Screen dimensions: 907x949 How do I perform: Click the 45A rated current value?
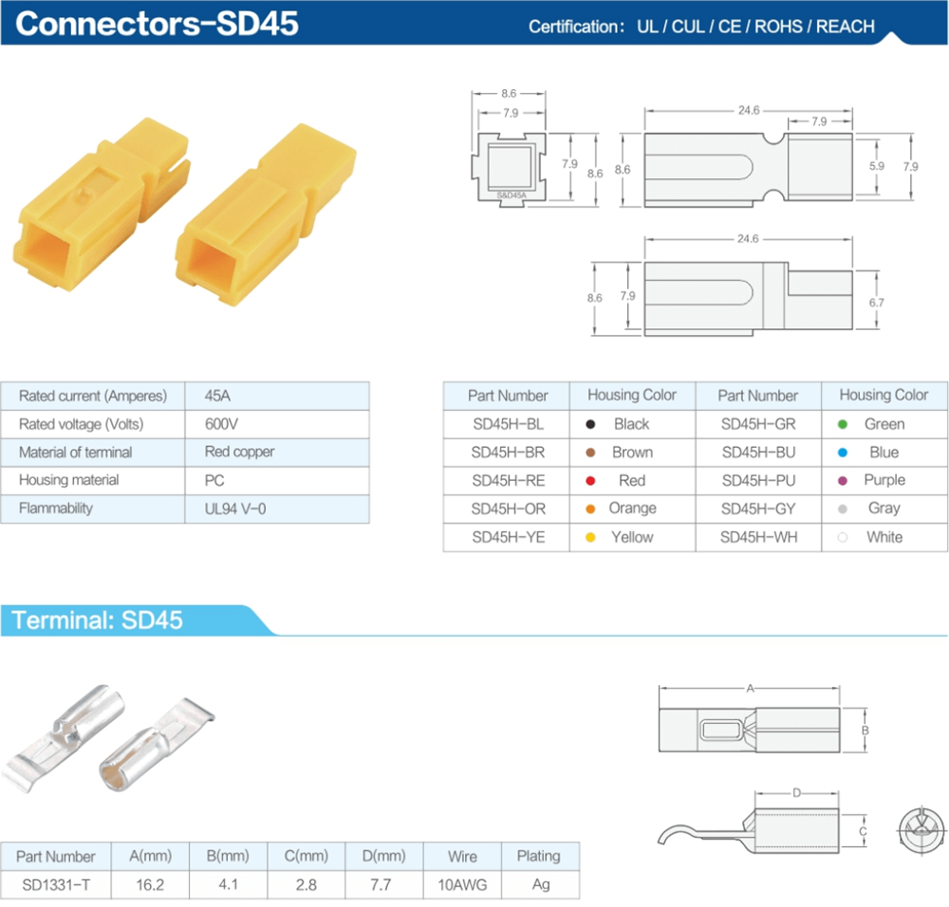coord(218,396)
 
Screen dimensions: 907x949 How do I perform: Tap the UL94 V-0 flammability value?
coord(235,509)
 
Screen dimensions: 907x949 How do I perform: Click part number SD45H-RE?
coord(509,481)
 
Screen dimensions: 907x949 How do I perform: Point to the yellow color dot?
coord(590,538)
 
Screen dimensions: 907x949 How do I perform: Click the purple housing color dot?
coord(842,481)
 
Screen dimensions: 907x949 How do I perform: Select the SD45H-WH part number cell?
coord(758,538)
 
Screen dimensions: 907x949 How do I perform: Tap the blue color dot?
coord(842,453)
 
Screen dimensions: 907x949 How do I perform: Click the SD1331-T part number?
coord(55,885)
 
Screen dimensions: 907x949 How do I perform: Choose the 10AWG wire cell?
coord(462,885)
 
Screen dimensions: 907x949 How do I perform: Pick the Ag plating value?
coord(538,885)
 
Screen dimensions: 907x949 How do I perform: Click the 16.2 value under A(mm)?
coord(150,885)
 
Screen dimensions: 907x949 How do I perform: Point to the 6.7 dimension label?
coord(876,303)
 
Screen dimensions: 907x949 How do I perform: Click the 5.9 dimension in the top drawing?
coord(876,166)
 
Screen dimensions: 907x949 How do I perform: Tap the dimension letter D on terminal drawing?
coord(796,792)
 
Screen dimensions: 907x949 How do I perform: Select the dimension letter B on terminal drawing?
coord(865,731)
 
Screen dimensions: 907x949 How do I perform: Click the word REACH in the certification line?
coord(845,27)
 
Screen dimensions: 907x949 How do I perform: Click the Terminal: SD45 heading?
coord(97,621)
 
